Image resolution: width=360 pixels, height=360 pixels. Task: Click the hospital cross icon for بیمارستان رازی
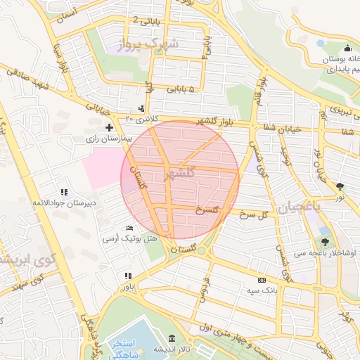point(109,127)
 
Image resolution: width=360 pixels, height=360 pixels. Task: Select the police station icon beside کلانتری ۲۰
point(143,108)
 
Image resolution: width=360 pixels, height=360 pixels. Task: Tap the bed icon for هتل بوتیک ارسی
point(129,229)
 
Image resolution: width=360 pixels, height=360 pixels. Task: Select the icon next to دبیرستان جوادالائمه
point(64,192)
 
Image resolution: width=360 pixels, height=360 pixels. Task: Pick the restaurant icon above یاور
point(127,276)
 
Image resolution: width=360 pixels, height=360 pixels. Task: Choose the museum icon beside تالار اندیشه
point(173,338)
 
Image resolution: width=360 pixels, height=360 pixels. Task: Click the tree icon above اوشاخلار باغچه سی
point(325,241)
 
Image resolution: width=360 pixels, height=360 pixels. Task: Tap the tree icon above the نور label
point(341,186)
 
